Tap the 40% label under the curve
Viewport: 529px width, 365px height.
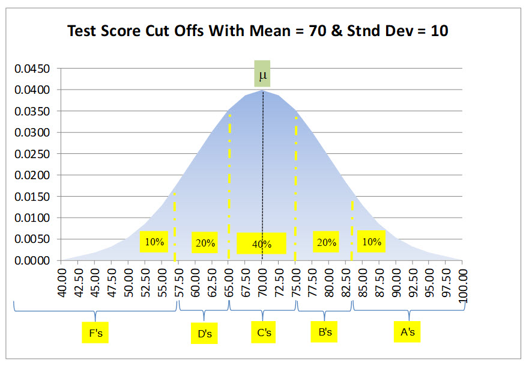(x=261, y=244)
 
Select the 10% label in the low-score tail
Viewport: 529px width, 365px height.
(x=154, y=242)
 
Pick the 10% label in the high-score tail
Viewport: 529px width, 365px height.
(x=371, y=242)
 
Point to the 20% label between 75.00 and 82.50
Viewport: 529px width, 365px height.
(x=326, y=242)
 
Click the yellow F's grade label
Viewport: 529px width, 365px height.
(x=95, y=332)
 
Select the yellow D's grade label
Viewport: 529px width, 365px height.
(x=204, y=333)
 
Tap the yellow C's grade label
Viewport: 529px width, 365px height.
(x=264, y=332)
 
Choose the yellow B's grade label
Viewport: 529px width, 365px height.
(x=325, y=332)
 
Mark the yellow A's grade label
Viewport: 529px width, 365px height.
(x=408, y=332)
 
